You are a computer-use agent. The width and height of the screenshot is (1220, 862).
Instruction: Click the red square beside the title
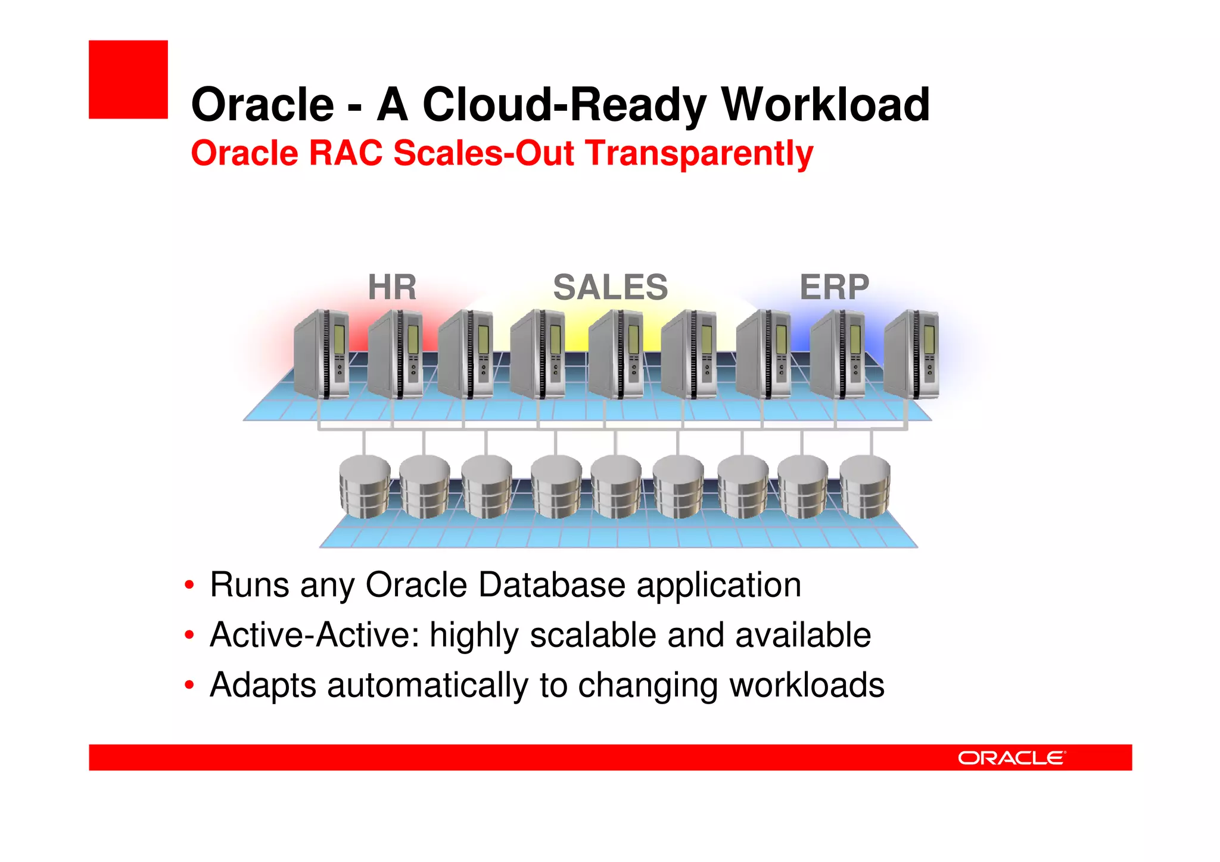[128, 79]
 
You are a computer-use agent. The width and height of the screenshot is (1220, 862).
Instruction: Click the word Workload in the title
[825, 105]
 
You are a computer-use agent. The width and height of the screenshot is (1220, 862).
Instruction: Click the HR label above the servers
[392, 287]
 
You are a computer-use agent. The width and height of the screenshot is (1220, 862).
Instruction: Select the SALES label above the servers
[611, 287]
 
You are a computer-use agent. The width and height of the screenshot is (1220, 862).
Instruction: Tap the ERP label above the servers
[834, 287]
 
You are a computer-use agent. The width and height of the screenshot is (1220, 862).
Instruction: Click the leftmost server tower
[322, 354]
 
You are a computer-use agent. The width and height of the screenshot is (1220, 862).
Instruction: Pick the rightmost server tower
[911, 354]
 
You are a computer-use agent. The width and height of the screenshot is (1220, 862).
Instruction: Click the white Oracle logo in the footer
[1011, 758]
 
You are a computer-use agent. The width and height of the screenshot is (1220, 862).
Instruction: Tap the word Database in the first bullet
[551, 585]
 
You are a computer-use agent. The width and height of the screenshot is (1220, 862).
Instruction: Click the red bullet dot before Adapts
[189, 685]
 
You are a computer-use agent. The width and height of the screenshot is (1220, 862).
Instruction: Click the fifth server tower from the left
[616, 354]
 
